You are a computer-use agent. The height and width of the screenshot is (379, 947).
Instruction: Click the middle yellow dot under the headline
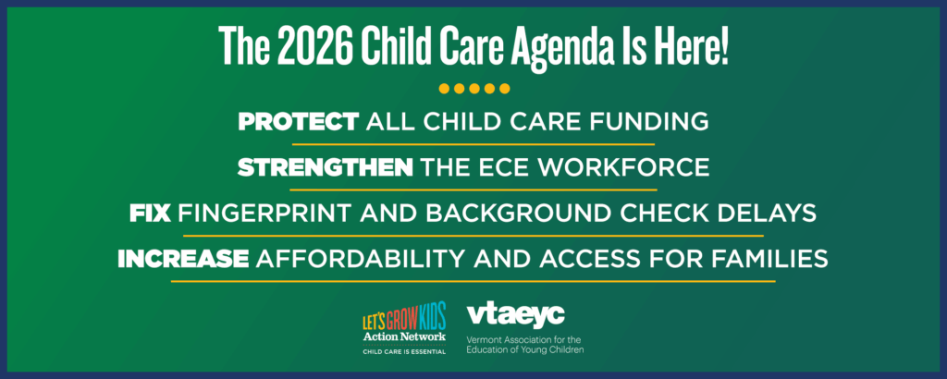(x=473, y=89)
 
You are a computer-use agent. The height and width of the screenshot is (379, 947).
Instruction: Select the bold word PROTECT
(x=298, y=121)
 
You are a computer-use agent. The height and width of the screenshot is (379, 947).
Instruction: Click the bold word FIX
(x=150, y=213)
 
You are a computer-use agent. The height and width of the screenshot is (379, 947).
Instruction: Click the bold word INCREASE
(x=183, y=259)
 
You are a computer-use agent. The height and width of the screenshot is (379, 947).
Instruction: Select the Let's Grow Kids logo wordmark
(x=404, y=319)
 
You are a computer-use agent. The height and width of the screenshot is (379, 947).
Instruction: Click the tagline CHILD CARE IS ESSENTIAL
(x=404, y=352)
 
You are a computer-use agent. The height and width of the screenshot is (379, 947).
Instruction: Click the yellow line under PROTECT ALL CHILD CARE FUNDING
(x=473, y=144)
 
